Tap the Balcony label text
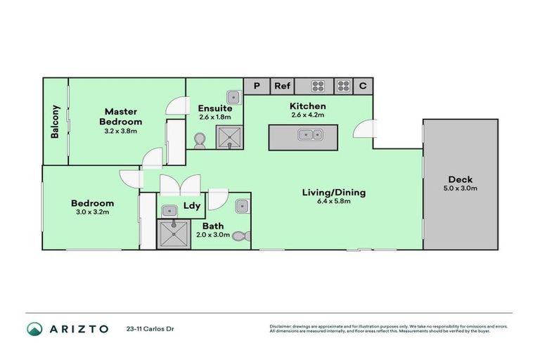(55, 122)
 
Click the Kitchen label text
(308, 106)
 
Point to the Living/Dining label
(334, 192)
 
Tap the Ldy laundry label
(192, 206)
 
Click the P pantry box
(257, 86)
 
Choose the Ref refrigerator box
(282, 86)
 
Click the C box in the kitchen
(363, 86)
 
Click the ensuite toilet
(199, 141)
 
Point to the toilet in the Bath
(240, 237)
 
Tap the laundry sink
(170, 210)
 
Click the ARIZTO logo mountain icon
(34, 328)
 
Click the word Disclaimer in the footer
(282, 326)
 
